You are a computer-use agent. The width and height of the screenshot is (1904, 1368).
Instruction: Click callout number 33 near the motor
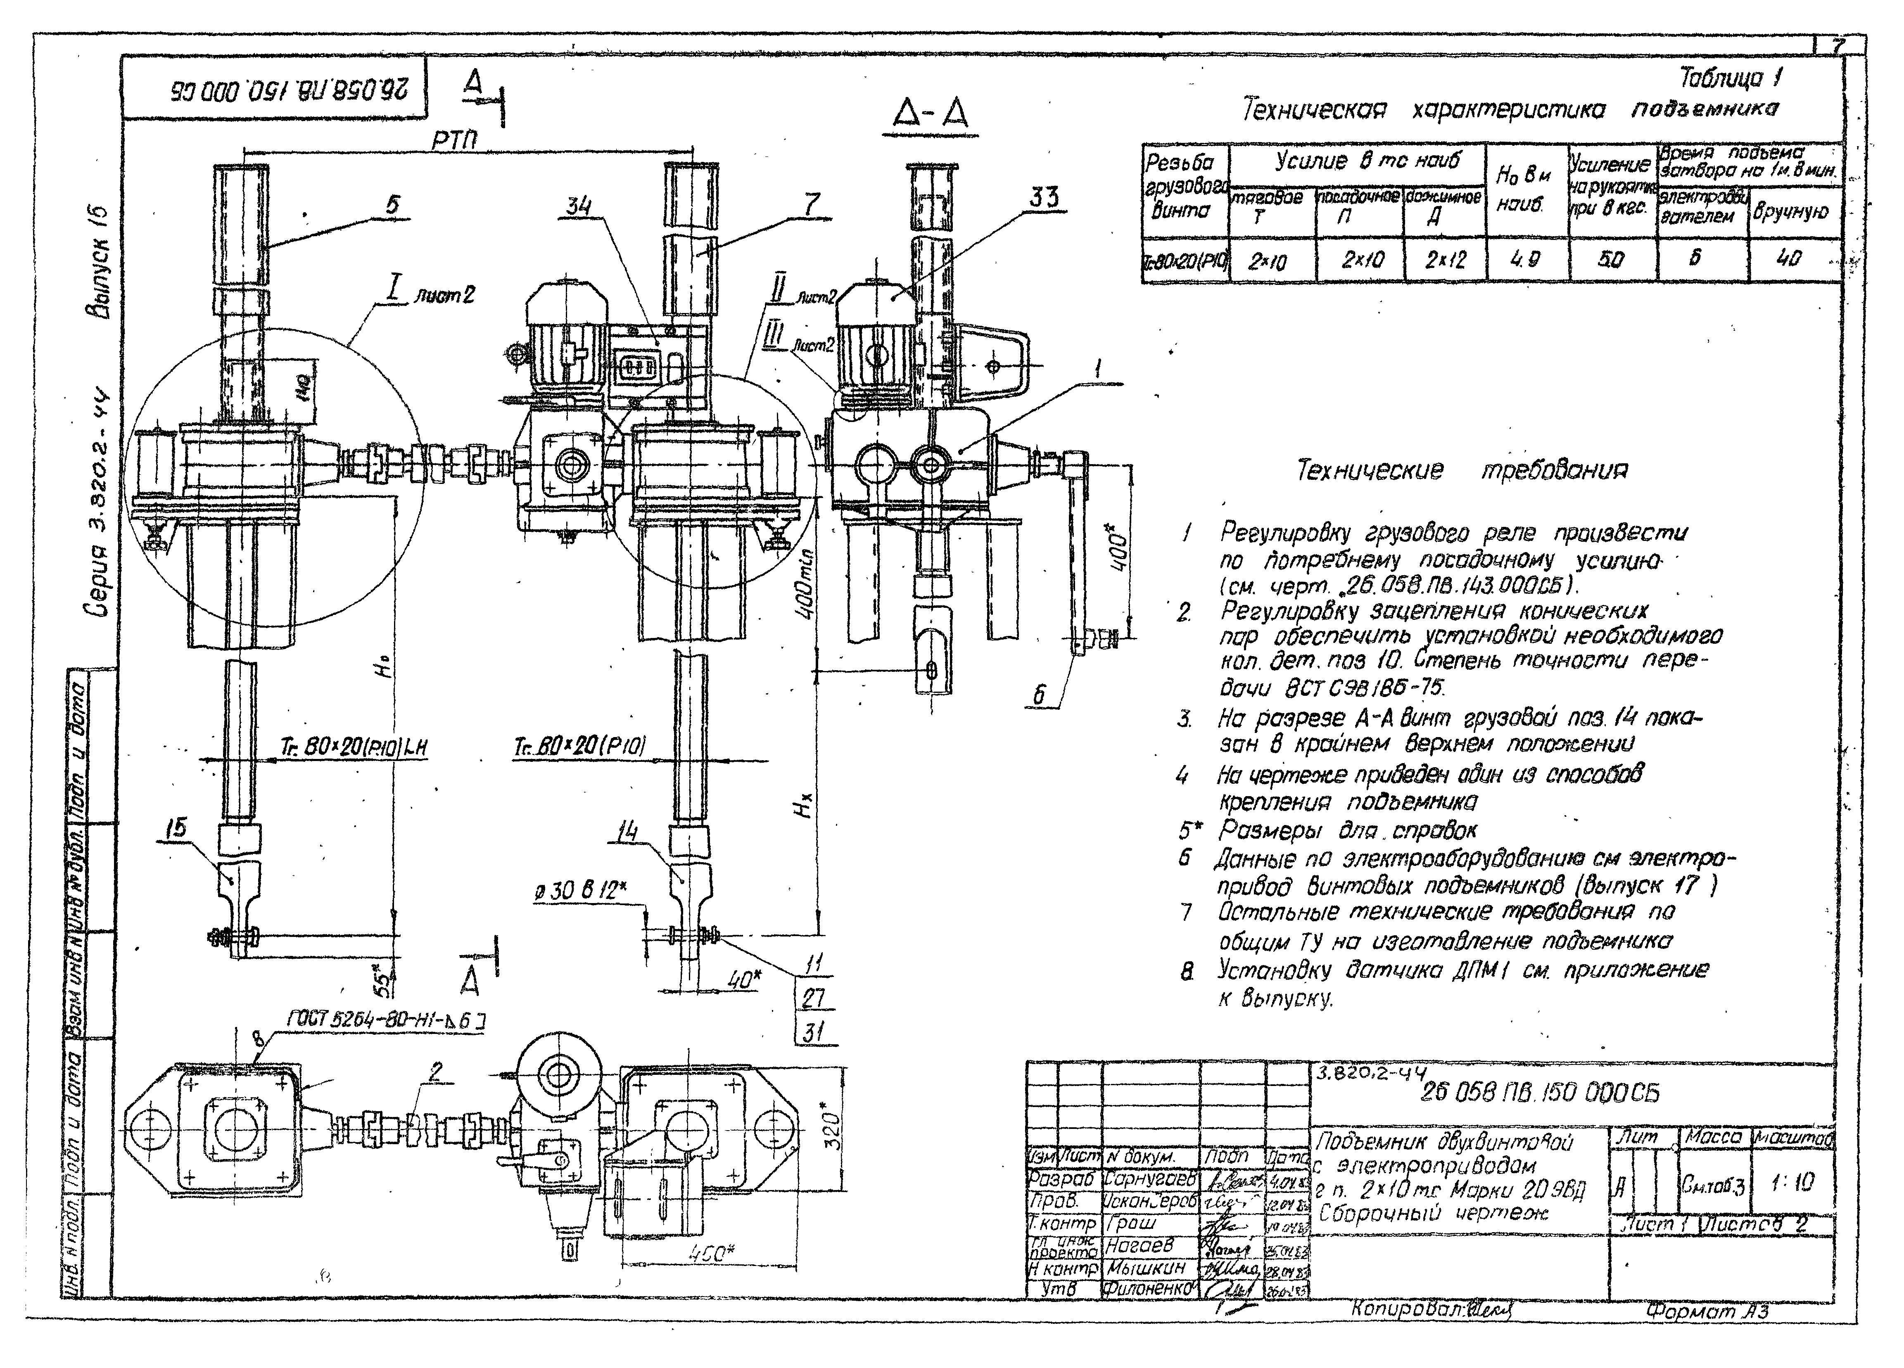coord(1044,197)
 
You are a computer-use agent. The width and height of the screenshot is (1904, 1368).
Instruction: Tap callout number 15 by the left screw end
coord(176,829)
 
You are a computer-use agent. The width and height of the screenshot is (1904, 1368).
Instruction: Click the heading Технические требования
coord(1461,470)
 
